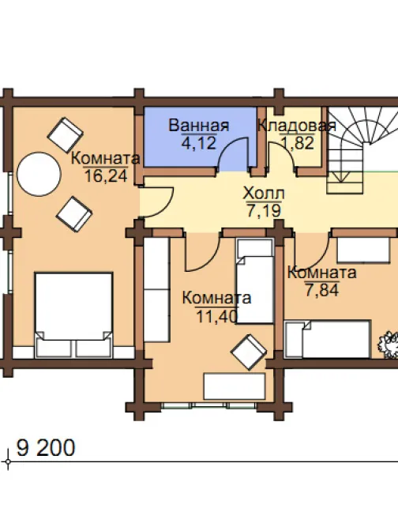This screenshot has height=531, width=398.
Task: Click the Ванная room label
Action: [199, 126]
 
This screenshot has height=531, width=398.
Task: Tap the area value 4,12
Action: [199, 143]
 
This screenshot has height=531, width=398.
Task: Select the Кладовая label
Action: [297, 126]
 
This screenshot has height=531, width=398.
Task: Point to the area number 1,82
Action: [297, 143]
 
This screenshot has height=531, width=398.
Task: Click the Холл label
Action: [264, 194]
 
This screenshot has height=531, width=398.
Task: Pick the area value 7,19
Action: [264, 211]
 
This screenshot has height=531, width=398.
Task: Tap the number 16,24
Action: [106, 175]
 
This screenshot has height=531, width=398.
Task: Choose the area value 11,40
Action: [217, 317]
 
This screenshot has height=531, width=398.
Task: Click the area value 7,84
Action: [321, 290]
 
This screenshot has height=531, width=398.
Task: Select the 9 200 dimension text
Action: [46, 448]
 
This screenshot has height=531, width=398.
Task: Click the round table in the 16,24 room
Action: [39, 174]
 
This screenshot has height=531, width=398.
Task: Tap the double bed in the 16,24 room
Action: [73, 314]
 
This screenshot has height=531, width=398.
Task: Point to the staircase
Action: [362, 149]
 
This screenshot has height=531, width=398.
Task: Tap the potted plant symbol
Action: [389, 345]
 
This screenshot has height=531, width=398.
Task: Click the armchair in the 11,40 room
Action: [249, 352]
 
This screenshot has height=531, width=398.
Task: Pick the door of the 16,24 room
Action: [156, 201]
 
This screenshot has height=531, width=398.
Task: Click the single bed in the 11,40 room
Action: [255, 281]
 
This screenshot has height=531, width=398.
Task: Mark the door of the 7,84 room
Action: [311, 249]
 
